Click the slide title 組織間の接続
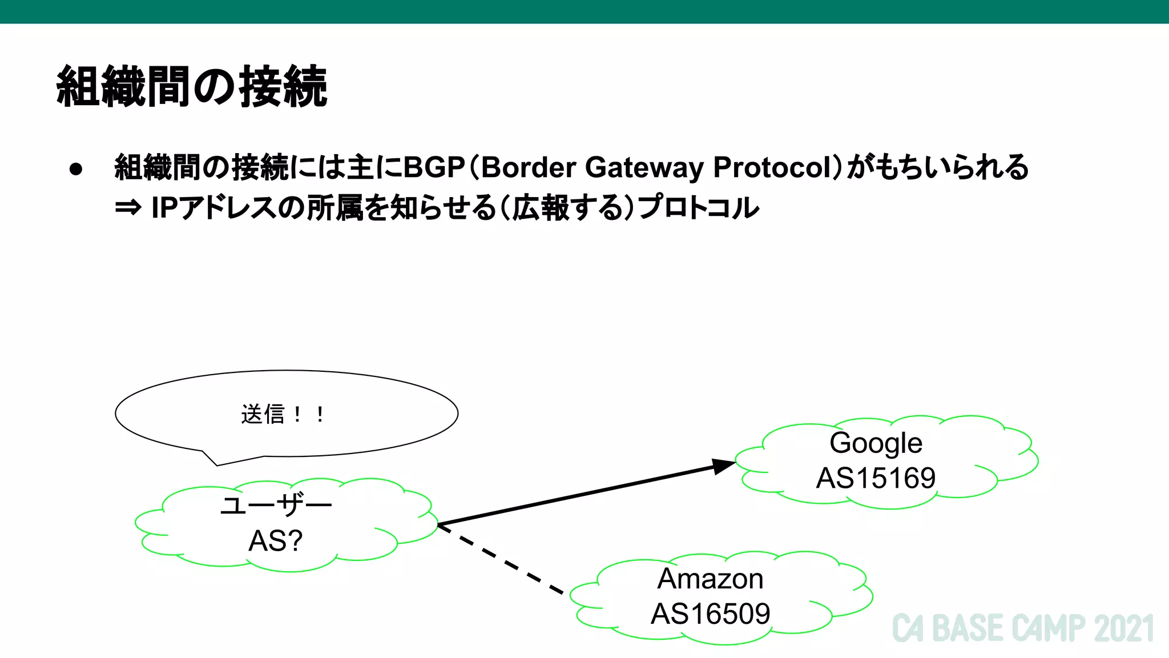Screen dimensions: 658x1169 [192, 87]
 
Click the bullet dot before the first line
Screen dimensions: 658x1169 [76, 169]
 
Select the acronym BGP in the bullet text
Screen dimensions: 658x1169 [434, 168]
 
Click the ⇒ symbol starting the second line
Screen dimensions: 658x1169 [128, 208]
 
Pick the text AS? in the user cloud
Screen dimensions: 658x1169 [275, 541]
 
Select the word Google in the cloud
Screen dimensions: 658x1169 [876, 443]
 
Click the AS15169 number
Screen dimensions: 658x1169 [876, 478]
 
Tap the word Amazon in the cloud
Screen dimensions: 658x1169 [710, 579]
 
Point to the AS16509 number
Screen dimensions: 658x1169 [710, 614]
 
